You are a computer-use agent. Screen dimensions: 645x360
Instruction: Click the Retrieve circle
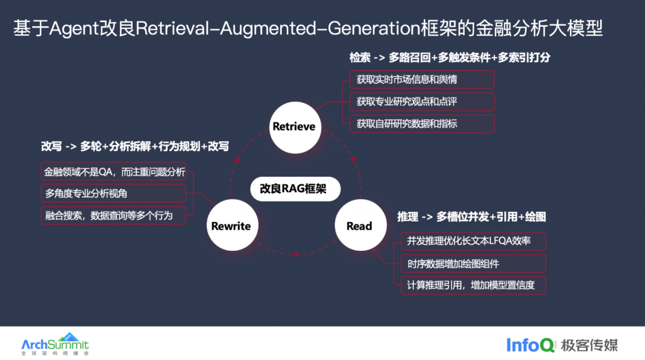click(x=295, y=127)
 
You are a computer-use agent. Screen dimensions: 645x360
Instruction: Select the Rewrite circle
click(x=232, y=225)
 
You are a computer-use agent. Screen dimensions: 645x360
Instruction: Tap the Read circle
click(x=360, y=225)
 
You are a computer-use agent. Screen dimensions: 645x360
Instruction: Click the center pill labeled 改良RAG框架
click(x=296, y=189)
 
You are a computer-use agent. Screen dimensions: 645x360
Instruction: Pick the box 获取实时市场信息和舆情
click(x=422, y=79)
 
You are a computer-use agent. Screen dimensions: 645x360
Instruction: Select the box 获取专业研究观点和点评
click(x=422, y=101)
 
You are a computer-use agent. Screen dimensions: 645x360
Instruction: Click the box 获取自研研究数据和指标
click(x=422, y=124)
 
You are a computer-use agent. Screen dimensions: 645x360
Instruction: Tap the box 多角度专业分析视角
click(x=113, y=193)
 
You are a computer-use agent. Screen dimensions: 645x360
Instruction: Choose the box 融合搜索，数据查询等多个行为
click(x=113, y=216)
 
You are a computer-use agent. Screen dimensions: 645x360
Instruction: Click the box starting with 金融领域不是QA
click(x=113, y=171)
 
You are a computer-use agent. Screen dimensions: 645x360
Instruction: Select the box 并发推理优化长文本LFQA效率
click(x=474, y=241)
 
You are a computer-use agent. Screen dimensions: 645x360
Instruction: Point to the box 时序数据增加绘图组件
click(x=474, y=263)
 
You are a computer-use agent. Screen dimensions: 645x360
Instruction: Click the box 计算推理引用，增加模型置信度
click(x=474, y=285)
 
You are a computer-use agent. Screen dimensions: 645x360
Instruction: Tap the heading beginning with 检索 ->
click(x=450, y=57)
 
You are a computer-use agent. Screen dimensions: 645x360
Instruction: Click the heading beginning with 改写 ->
click(x=135, y=146)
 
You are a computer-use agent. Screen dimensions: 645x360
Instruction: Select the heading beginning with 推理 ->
click(x=471, y=217)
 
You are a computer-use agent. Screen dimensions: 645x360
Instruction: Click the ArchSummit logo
click(x=55, y=344)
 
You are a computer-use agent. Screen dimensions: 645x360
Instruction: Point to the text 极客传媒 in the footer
click(x=589, y=345)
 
